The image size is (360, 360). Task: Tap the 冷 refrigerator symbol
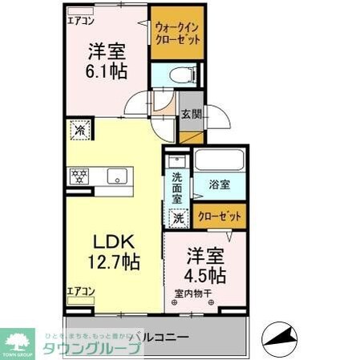(x=80, y=128)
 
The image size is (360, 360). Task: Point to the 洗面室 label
(x=176, y=188)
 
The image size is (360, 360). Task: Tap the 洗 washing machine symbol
(x=179, y=216)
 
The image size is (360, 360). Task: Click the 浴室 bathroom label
(x=220, y=184)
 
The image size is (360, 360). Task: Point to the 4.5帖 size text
(x=205, y=275)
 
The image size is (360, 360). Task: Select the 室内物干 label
(x=192, y=293)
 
